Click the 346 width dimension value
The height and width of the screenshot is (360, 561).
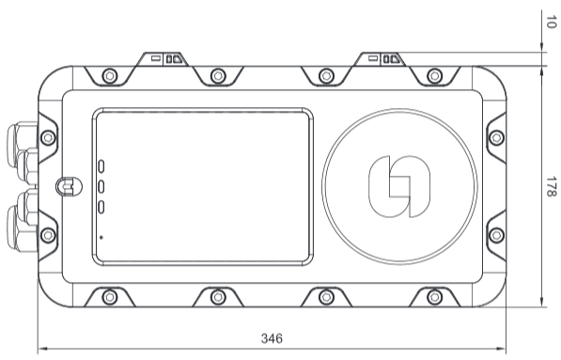(272, 338)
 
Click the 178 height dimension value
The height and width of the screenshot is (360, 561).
(552, 186)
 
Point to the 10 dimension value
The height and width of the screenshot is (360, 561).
(552, 22)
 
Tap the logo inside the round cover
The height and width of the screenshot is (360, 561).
(399, 186)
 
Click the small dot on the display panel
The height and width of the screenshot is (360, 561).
(101, 237)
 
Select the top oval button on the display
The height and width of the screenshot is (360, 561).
(101, 166)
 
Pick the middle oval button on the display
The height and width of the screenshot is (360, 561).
(101, 186)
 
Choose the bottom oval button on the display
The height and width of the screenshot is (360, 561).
(101, 207)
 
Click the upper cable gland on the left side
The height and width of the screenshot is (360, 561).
(23, 153)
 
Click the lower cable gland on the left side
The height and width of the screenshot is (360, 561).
(23, 220)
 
